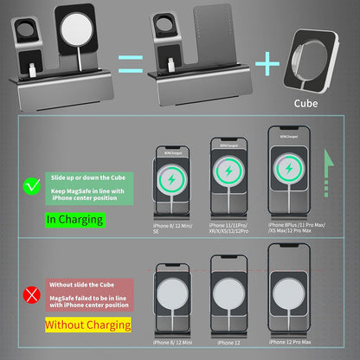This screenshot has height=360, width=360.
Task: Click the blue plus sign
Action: [x=267, y=61]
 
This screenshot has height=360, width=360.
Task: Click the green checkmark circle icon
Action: [x=32, y=184]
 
